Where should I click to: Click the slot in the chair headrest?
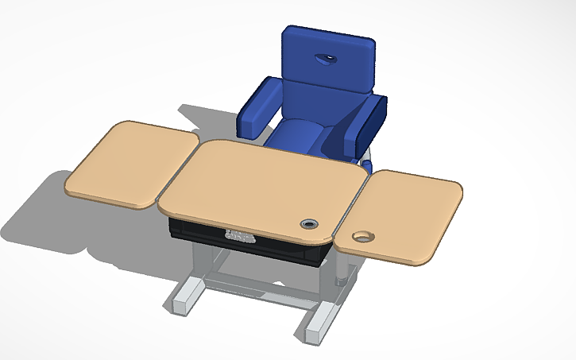tap(324, 58)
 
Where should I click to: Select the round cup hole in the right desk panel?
tap(365, 237)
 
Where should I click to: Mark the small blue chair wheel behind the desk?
tap(368, 165)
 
